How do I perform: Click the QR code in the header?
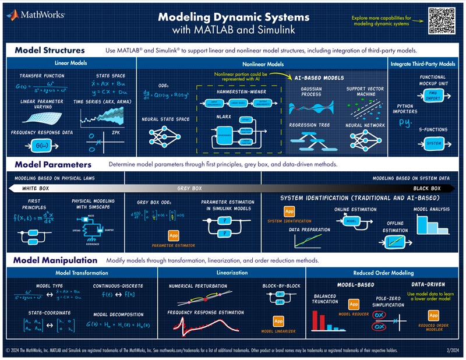point(440,20)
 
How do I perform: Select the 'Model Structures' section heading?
point(50,50)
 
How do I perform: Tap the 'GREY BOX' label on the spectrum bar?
point(189,189)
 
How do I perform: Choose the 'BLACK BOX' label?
point(427,189)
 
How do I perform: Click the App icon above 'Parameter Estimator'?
point(173,235)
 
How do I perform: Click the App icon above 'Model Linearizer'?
point(278,322)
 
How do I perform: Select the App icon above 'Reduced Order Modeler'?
point(433,316)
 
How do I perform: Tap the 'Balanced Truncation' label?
point(325,299)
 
